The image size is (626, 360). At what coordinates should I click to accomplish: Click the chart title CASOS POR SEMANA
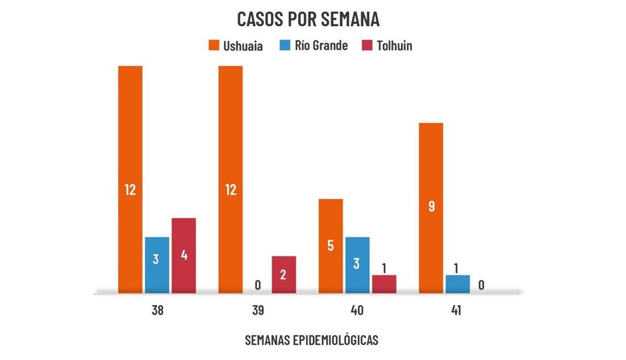pyautogui.click(x=308, y=19)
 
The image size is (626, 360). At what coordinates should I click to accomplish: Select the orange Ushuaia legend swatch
pyautogui.click(x=212, y=46)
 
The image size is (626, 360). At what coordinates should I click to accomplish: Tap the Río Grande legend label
pyautogui.click(x=321, y=46)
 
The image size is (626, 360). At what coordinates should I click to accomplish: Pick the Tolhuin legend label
pyautogui.click(x=394, y=46)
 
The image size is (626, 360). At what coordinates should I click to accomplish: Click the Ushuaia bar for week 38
pyautogui.click(x=130, y=179)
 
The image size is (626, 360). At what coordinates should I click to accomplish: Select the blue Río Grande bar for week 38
pyautogui.click(x=157, y=265)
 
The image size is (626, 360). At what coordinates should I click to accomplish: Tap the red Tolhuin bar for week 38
pyautogui.click(x=183, y=255)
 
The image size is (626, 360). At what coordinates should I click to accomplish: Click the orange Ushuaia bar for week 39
pyautogui.click(x=230, y=179)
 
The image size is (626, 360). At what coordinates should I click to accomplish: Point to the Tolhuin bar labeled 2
pyautogui.click(x=283, y=274)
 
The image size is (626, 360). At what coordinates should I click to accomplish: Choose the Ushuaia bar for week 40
pyautogui.click(x=331, y=246)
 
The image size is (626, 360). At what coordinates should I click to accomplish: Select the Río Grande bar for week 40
pyautogui.click(x=357, y=265)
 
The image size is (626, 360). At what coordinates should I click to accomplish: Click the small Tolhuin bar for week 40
pyautogui.click(x=384, y=284)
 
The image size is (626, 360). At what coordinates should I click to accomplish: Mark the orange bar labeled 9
pyautogui.click(x=431, y=208)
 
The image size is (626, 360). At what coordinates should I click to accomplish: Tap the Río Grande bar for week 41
pyautogui.click(x=457, y=284)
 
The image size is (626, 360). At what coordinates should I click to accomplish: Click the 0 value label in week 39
pyautogui.click(x=257, y=285)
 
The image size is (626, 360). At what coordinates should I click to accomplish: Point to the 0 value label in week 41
pyautogui.click(x=481, y=285)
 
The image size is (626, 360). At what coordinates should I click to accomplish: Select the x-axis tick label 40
pyautogui.click(x=357, y=311)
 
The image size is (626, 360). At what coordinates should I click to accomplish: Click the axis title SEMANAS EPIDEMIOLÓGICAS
pyautogui.click(x=311, y=340)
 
